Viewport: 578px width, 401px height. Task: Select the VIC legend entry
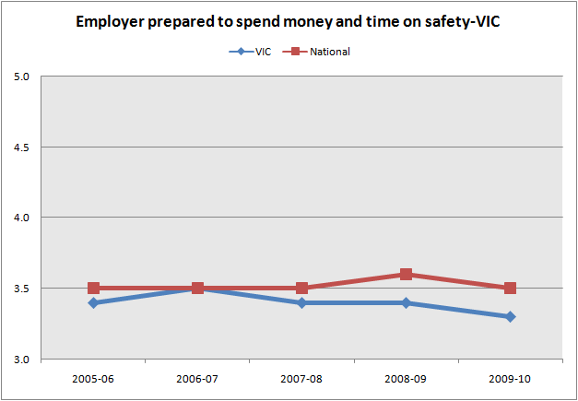(253, 52)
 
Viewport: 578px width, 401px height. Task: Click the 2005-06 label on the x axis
(93, 378)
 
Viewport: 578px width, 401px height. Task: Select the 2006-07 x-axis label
(197, 378)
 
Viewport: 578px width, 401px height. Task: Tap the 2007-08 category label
(301, 378)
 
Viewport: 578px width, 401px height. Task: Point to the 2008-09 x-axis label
(406, 378)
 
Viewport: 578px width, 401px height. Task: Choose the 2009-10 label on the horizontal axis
(510, 378)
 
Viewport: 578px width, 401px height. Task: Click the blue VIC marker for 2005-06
(93, 302)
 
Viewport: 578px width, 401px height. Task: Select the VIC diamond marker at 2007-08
(301, 302)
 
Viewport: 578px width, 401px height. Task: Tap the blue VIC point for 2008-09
(406, 302)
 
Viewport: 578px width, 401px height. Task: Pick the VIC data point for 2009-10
(510, 316)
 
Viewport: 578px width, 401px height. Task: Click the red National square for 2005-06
(93, 288)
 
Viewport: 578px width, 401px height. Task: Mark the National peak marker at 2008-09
(406, 274)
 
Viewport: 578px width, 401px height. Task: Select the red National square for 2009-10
(510, 288)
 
